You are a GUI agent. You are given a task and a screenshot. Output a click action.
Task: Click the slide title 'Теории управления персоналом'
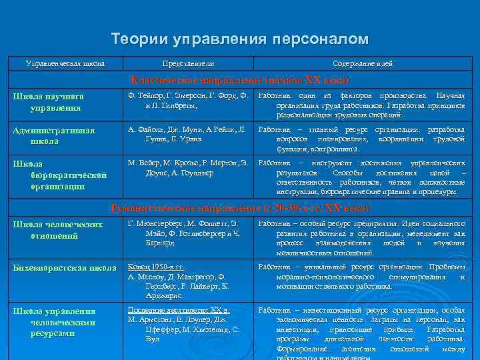pos(239,39)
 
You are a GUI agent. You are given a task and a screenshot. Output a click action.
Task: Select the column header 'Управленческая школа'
pos(65,64)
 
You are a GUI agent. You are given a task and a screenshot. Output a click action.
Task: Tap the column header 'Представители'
pos(188,64)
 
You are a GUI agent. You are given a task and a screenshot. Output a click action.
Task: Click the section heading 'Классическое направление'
pos(239,80)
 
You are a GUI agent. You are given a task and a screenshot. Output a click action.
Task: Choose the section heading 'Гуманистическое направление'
pos(239,208)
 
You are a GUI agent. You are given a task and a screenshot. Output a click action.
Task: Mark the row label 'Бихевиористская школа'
pos(65,268)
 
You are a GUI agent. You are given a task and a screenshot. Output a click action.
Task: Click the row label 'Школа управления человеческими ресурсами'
pos(54,321)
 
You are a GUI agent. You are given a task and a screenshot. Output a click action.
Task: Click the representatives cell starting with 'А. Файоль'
pos(188,134)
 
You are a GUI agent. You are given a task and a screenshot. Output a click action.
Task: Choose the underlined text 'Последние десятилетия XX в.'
pos(179,310)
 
